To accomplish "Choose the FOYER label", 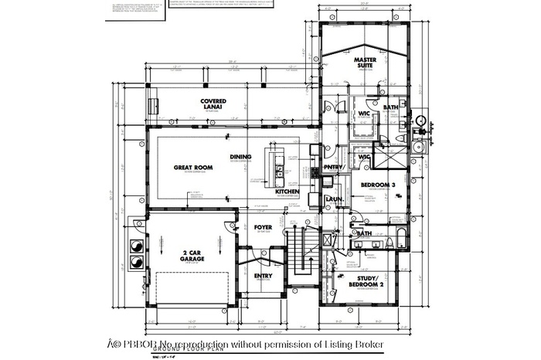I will [263, 227].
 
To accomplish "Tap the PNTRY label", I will [334, 167].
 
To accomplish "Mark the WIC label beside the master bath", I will [364, 114].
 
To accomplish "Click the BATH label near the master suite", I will [390, 107].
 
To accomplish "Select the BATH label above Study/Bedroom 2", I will [364, 233].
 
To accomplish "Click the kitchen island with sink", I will [275, 164].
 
